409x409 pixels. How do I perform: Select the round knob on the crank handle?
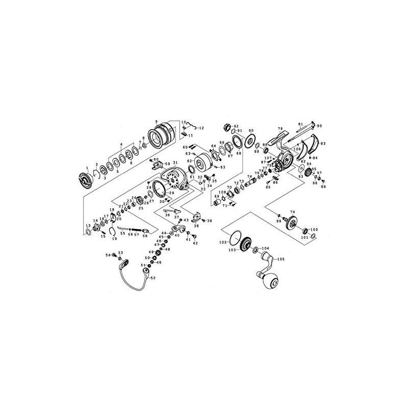pos(270,282)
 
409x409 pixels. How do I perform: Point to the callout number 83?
pos(323,144)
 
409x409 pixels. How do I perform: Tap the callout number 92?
pos(237,126)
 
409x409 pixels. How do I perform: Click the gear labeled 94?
pos(309,173)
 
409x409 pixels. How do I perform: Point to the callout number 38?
pos(196,225)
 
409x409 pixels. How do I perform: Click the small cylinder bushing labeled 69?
pos(218,203)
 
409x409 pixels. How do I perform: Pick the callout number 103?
pos(232,250)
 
